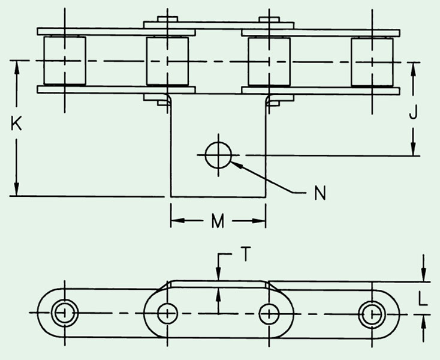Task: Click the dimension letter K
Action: tap(16, 124)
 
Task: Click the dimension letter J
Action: tap(413, 112)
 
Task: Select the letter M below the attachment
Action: tap(218, 221)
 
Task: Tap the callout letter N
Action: tap(320, 193)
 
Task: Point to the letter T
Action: tap(245, 254)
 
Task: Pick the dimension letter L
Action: tap(423, 298)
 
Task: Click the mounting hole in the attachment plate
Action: tap(218, 155)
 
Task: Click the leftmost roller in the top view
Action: tap(65, 61)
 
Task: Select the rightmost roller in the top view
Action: tap(372, 62)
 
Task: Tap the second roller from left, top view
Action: tap(167, 61)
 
